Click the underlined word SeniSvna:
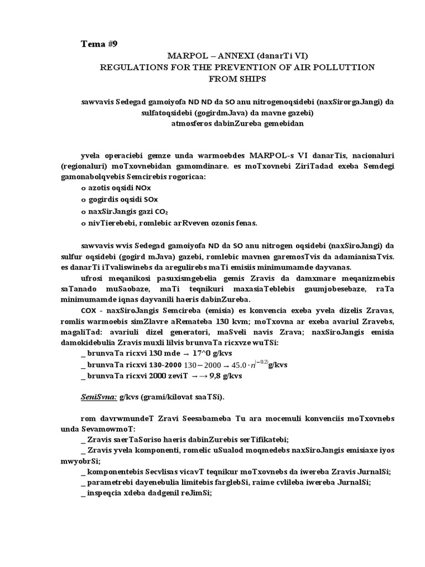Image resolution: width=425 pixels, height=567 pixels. click(98, 399)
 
